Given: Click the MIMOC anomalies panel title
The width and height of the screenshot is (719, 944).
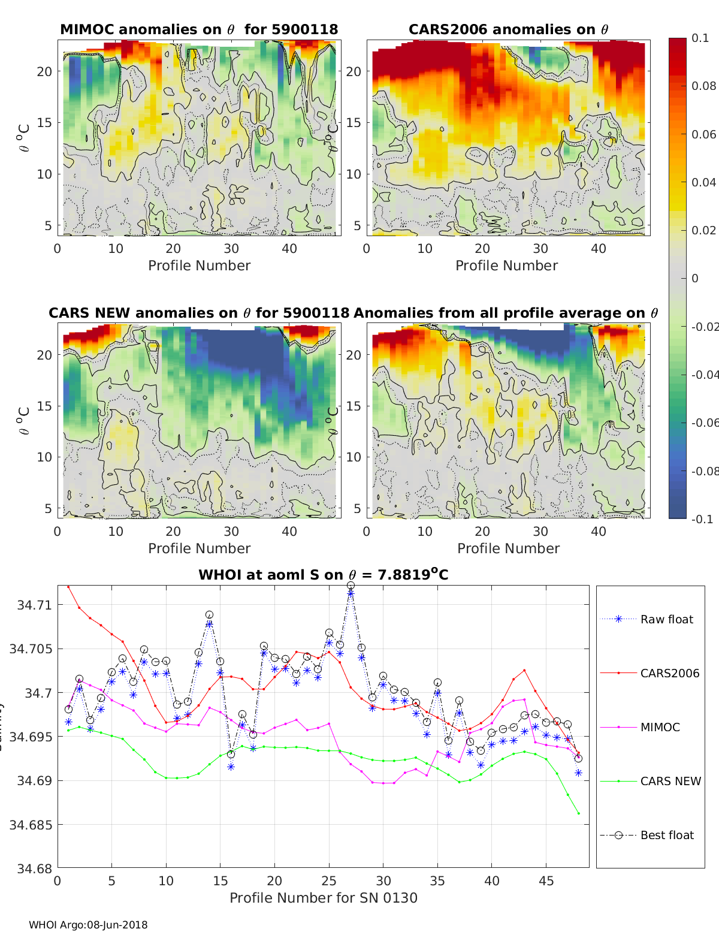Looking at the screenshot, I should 199,29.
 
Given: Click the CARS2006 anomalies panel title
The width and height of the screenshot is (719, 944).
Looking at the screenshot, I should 508,29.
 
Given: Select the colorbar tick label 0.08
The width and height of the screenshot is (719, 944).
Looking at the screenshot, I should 703,86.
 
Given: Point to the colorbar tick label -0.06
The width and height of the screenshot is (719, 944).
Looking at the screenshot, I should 705,423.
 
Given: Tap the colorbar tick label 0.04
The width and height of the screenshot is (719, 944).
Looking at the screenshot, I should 703,182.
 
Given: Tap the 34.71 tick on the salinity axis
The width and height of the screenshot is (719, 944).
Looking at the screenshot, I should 35,605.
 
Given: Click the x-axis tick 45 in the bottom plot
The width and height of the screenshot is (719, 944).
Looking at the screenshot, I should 546,880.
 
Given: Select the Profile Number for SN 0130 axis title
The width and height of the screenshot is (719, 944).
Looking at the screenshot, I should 324,898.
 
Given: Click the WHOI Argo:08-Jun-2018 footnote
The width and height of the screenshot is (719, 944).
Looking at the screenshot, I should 88,925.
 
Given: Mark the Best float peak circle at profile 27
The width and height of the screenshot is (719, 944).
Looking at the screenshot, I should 351,585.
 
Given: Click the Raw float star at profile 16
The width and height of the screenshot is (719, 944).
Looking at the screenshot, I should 231,767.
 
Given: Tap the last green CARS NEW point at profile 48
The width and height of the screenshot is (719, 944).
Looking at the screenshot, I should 579,813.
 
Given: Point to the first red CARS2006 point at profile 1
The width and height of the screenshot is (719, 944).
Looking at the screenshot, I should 68,587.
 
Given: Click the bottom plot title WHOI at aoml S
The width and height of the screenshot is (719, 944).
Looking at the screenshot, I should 324,575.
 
